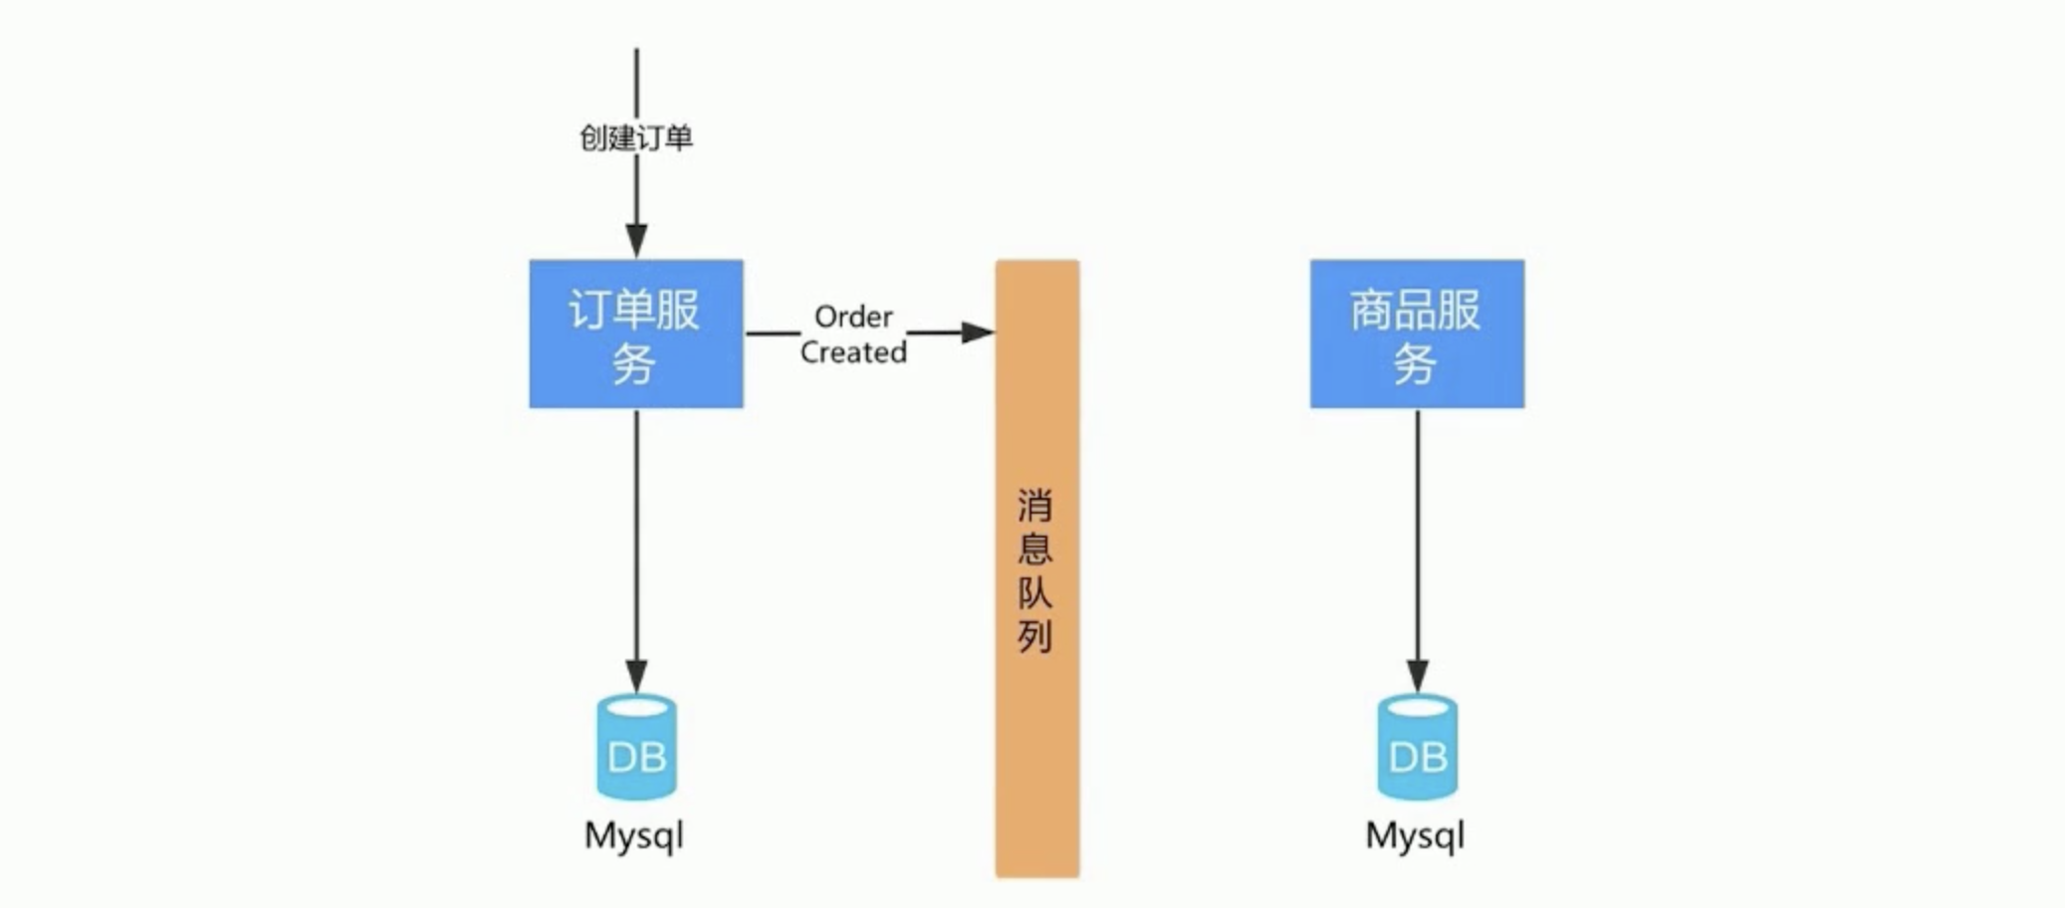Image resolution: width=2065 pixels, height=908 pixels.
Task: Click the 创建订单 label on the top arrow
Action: [635, 137]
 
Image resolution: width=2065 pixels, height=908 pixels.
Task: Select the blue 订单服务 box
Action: [636, 334]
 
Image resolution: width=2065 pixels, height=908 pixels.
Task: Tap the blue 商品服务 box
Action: [1416, 334]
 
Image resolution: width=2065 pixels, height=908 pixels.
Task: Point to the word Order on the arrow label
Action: [853, 317]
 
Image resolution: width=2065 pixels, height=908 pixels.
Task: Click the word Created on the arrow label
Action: [853, 351]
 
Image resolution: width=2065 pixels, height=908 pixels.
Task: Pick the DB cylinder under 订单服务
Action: [636, 749]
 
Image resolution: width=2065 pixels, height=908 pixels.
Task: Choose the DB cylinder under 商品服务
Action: [1417, 749]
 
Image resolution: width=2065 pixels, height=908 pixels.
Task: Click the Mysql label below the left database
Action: [634, 834]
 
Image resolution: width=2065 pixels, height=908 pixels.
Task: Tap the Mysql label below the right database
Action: [1415, 834]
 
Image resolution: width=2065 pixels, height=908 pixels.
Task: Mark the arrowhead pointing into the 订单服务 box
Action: [636, 241]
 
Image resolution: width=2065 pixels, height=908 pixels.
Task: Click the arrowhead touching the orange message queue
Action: [977, 333]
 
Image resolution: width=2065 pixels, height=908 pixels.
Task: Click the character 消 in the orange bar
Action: [1034, 506]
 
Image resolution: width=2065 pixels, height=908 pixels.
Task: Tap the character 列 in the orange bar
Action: [1034, 635]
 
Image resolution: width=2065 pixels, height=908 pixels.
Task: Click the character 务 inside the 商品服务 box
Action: [1414, 363]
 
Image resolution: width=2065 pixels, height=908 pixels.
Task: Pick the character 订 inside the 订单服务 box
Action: [586, 310]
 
